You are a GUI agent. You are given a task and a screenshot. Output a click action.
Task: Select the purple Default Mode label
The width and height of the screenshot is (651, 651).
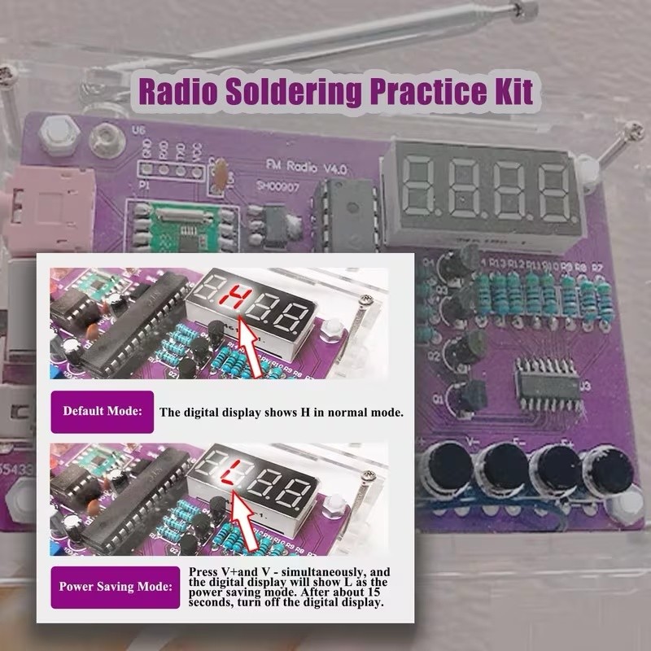click(x=103, y=410)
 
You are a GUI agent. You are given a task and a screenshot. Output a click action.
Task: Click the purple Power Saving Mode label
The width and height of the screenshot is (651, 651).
click(x=115, y=586)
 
